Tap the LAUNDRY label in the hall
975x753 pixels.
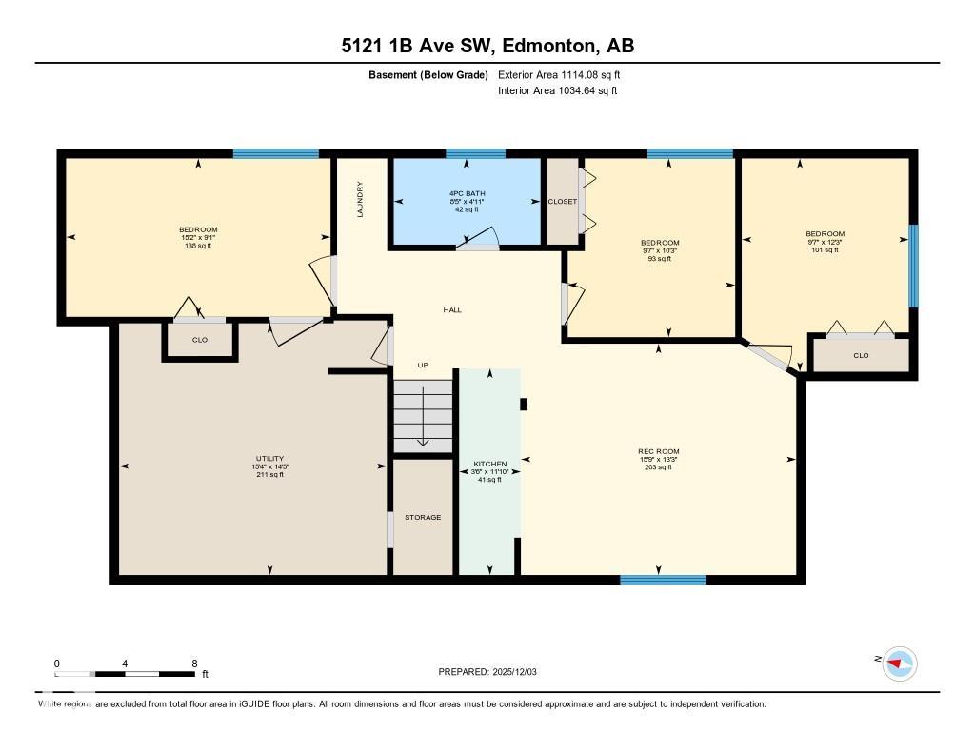[x=360, y=199]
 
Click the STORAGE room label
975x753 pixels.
[x=423, y=517]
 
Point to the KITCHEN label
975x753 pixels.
[x=489, y=464]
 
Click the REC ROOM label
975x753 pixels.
[x=658, y=451]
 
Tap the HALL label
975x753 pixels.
[x=452, y=309]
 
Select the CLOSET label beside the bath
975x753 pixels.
[x=562, y=202]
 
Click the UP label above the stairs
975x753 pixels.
[x=423, y=365]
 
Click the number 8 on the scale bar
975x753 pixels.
[x=194, y=664]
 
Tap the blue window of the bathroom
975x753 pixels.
[x=475, y=153]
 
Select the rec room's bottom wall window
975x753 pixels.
[x=663, y=579]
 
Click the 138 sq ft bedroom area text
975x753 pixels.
[x=198, y=246]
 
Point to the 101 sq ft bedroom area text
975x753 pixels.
[x=825, y=250]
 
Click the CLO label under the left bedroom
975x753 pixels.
[x=200, y=340]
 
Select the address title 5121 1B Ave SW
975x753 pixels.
[x=487, y=46]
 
